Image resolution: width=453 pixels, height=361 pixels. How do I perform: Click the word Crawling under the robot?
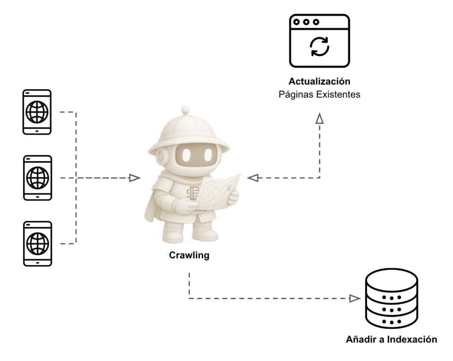point(189,256)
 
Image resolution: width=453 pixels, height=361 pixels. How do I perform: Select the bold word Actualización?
point(319,82)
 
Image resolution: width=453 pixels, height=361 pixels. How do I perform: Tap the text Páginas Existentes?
point(319,95)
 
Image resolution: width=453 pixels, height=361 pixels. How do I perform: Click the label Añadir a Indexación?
point(392,340)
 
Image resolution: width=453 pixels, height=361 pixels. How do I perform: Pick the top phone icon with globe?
point(37,112)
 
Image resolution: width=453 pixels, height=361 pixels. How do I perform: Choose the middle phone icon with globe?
point(37,177)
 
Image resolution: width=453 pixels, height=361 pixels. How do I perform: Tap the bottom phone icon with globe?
point(37,243)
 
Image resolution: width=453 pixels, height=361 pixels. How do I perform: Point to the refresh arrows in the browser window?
point(320,46)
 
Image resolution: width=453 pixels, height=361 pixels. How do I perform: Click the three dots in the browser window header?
point(306,22)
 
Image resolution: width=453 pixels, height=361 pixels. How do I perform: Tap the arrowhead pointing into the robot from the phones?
point(134,178)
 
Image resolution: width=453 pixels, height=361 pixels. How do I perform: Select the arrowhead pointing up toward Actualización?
point(320,118)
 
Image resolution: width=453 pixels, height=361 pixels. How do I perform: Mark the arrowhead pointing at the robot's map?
point(253,178)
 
